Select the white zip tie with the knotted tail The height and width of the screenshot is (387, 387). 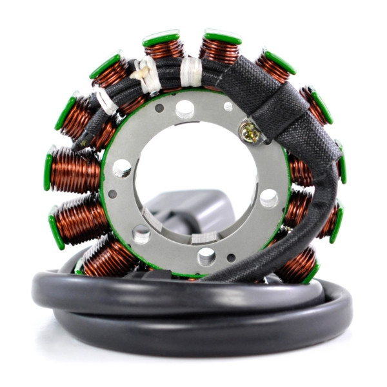[146, 72]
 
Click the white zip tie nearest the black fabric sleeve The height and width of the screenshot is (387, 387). [191, 71]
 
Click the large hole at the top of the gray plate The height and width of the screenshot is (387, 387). [184, 108]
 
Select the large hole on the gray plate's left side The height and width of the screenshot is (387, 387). [121, 168]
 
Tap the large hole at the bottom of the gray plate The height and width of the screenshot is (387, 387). [206, 257]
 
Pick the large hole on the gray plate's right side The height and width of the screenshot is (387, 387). [269, 197]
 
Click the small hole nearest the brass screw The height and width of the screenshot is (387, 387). [228, 106]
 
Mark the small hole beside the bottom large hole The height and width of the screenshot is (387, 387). [231, 257]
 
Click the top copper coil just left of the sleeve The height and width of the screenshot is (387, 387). [219, 48]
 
